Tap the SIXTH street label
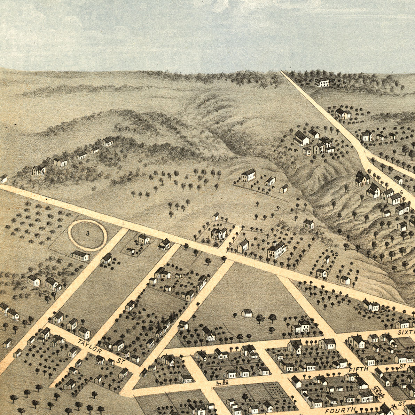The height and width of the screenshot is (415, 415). tap(406, 332)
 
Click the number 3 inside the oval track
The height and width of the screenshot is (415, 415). tap(87, 234)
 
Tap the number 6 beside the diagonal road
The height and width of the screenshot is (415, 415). tap(401, 192)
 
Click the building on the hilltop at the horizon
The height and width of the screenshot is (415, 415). tap(322, 82)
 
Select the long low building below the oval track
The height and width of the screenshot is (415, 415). tap(80, 256)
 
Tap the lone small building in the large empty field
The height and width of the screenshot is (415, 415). tap(247, 313)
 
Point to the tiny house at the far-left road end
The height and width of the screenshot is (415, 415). tap(4, 179)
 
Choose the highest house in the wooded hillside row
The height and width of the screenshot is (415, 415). tap(108, 141)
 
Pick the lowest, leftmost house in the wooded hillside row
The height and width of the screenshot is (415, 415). tap(39, 170)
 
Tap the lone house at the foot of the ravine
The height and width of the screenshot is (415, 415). tap(308, 224)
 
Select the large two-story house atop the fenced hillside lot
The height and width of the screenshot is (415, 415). tap(249, 175)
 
